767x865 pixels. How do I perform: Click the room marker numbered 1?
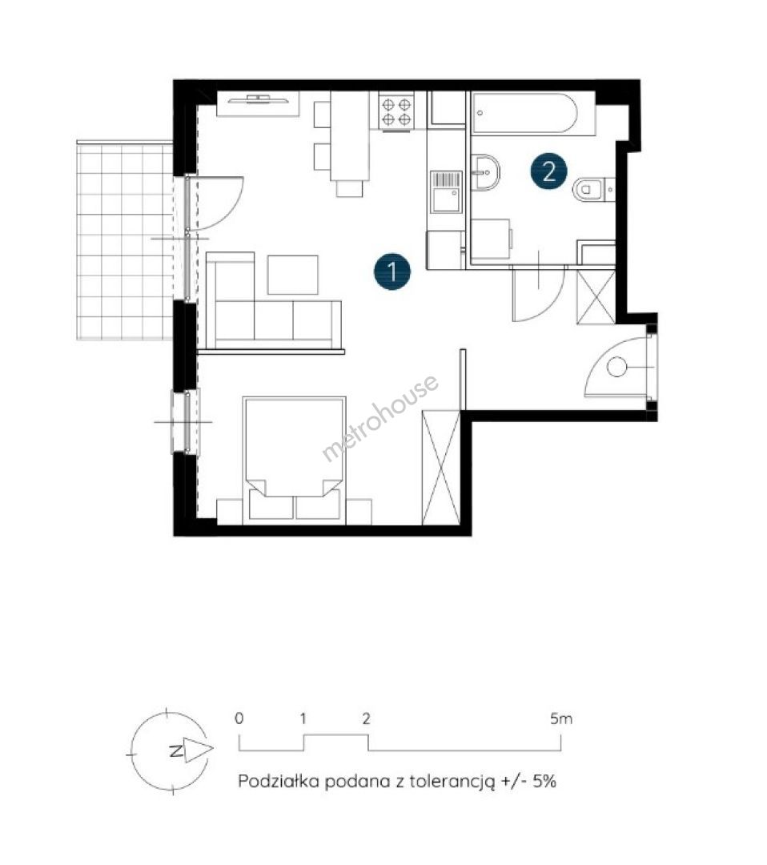[392, 272]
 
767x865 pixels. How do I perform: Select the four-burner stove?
[397, 112]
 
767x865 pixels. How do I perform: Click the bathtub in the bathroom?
[524, 113]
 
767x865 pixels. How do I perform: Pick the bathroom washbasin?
[485, 173]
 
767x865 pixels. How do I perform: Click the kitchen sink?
[446, 191]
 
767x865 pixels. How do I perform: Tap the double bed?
[294, 459]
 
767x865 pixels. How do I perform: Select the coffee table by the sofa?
[293, 275]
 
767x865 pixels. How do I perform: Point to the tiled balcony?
[125, 240]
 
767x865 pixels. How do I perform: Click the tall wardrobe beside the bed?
[440, 468]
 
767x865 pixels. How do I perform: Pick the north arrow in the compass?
[197, 750]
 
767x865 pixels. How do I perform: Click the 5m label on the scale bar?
[561, 718]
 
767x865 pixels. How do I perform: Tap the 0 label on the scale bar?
[239, 718]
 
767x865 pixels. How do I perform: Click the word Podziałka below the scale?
[279, 781]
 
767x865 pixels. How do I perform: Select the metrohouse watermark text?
[380, 417]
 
